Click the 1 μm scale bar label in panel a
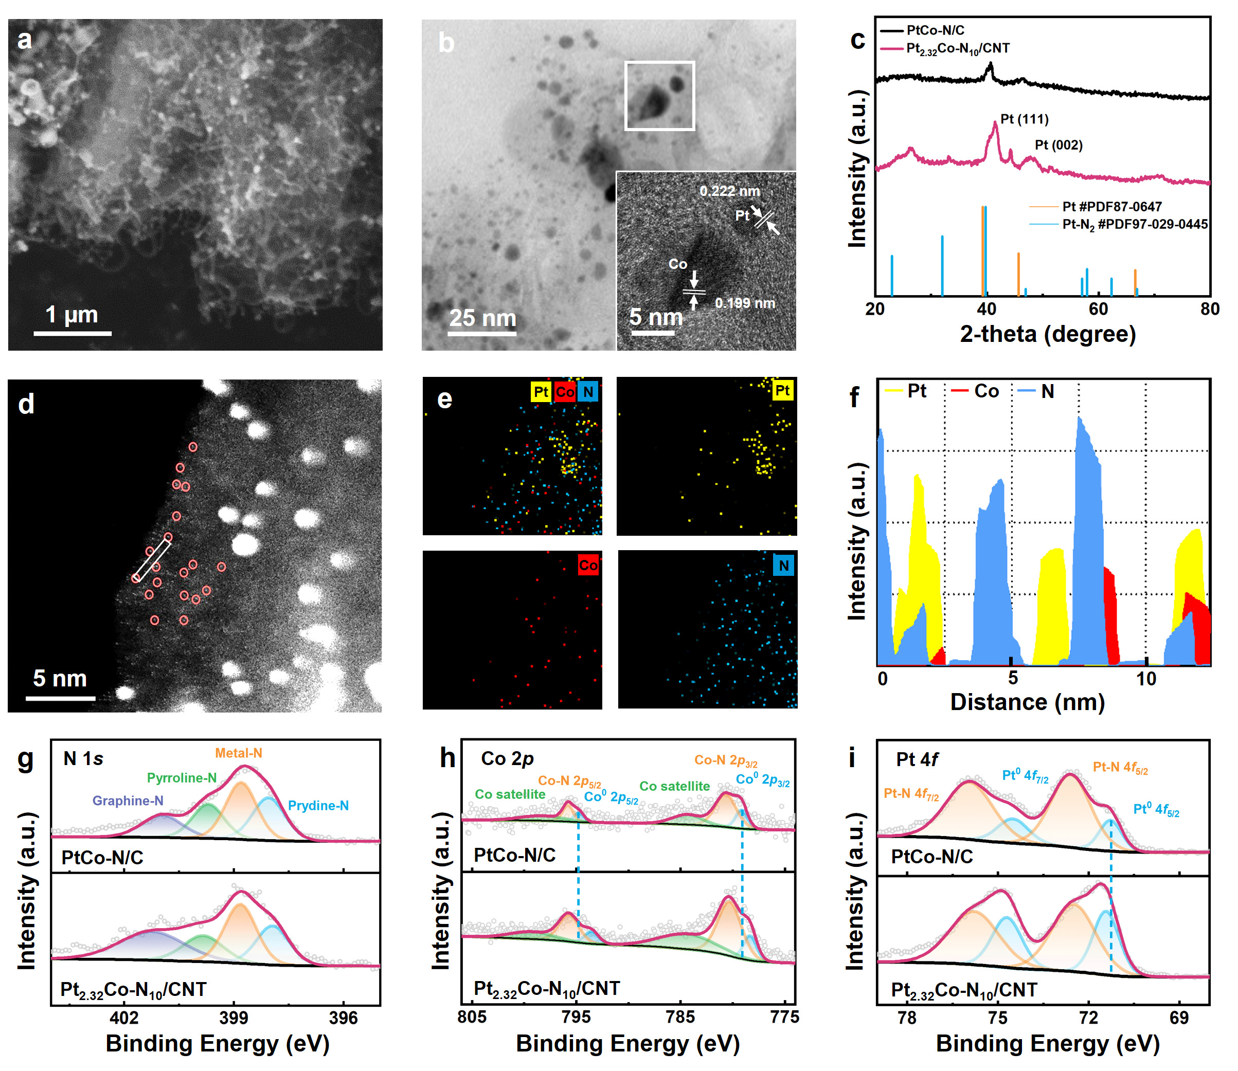coord(71,314)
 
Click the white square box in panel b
coord(659,96)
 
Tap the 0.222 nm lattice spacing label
coord(729,191)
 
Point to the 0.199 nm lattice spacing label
coord(744,303)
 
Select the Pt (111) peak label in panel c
coord(1024,119)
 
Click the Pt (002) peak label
coord(1058,144)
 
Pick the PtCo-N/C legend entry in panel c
coord(935,30)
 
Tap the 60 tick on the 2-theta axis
coord(1098,309)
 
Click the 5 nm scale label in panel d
coord(60,678)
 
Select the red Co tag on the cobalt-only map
coord(587,565)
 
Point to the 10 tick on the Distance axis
coord(1146,679)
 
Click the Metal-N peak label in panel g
coord(239,753)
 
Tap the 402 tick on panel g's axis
coord(124,1017)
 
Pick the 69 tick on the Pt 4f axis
coord(1179,1017)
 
